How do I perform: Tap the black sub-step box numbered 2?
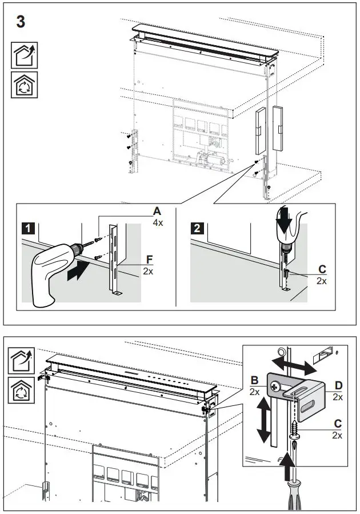coord(197,229)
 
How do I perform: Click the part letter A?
coord(157,212)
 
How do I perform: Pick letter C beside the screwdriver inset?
coord(338,424)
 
